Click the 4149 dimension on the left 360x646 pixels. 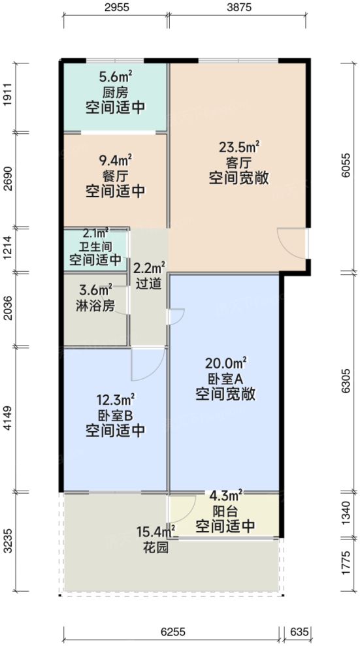coord(8,418)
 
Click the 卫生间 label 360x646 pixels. coord(95,246)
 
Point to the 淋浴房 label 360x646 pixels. coord(95,305)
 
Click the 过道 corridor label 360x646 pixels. coord(148,285)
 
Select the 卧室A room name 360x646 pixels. coord(224,378)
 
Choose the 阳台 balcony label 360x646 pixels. coord(225,512)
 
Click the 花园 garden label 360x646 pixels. coord(155,548)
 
